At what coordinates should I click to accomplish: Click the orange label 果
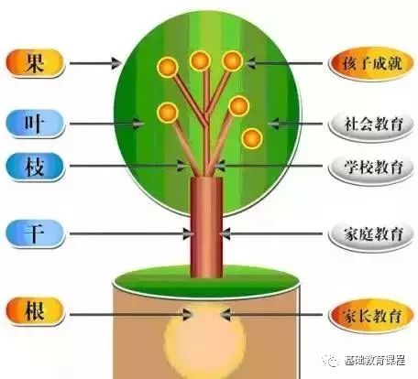[x=35, y=63]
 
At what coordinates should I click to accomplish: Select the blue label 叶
[x=35, y=124]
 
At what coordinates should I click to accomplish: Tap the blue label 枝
[x=35, y=167]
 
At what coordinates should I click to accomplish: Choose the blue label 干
[x=35, y=233]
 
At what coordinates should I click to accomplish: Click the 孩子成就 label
[x=371, y=64]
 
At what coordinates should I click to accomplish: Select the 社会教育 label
[x=371, y=125]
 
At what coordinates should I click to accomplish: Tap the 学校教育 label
[x=371, y=168]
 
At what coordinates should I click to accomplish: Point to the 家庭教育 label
[x=371, y=234]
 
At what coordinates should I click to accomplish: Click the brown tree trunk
[x=206, y=227]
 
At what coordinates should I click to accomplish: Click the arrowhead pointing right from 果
[x=116, y=63]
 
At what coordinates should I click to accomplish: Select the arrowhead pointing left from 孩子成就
[x=250, y=63]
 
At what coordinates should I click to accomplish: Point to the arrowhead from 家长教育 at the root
[x=225, y=315]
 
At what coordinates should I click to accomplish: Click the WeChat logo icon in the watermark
[x=331, y=361]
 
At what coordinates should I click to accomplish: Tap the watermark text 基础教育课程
[x=375, y=361]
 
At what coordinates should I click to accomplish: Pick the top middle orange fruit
[x=200, y=60]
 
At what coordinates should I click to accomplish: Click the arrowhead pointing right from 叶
[x=138, y=124]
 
